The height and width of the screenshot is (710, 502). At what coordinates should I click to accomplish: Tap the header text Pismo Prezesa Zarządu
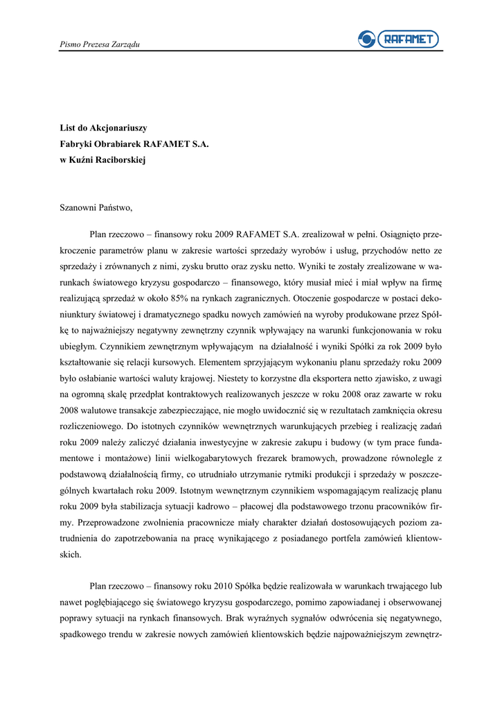coord(100,44)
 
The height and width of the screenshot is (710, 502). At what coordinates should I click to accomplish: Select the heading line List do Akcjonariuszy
coord(103,128)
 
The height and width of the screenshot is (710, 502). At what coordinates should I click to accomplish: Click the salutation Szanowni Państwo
coord(96,207)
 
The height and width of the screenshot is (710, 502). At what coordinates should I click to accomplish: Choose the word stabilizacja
coord(143,505)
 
